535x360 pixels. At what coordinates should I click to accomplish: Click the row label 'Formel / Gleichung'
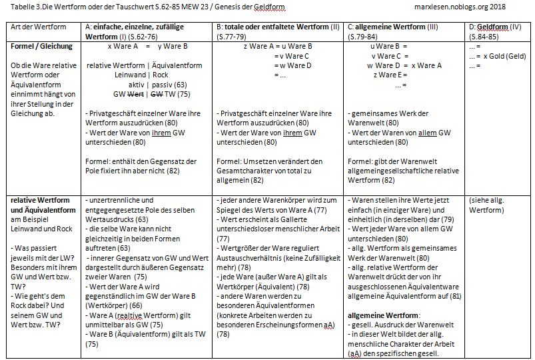point(38,47)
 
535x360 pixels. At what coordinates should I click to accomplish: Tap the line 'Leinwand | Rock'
point(141,75)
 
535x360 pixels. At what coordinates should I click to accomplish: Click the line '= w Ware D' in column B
point(294,65)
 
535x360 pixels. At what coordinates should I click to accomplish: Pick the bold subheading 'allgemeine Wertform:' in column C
point(380,313)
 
